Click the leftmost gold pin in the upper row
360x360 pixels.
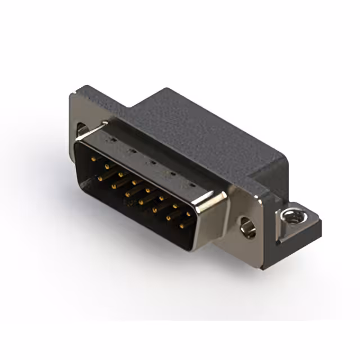coord(92,159)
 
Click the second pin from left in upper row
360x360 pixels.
coord(106,166)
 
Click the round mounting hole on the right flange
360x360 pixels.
coord(246,226)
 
